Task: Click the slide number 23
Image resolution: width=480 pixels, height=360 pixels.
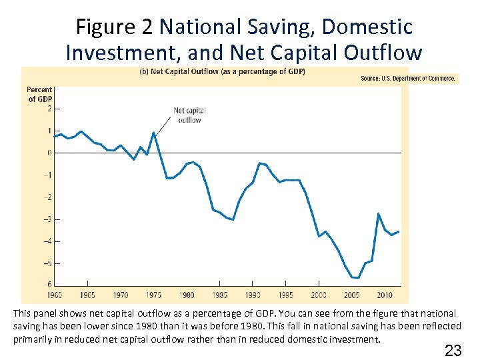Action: pos(453,350)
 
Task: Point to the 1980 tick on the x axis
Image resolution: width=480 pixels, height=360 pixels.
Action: pos(187,295)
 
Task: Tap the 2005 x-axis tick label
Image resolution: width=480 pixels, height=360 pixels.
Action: pos(351,295)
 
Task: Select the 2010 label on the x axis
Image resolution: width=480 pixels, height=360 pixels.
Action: pos(385,295)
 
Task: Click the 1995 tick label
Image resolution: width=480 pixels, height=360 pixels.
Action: pos(285,295)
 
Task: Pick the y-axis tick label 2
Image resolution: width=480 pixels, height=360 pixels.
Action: pos(49,108)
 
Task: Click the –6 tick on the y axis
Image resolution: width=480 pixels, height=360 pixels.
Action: pos(48,285)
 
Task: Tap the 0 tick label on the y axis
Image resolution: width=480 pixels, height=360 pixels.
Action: pos(49,153)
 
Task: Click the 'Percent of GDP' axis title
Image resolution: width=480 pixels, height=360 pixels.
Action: pos(39,95)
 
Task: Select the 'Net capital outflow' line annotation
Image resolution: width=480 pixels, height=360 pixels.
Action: pos(189,115)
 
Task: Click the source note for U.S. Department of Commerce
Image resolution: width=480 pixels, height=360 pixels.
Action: pos(408,79)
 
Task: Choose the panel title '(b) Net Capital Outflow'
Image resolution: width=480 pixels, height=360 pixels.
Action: pos(221,72)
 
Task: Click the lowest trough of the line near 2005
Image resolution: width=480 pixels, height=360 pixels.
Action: pos(355,277)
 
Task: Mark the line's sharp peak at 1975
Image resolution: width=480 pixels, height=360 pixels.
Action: pos(154,133)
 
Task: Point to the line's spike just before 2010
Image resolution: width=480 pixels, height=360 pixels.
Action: pos(378,214)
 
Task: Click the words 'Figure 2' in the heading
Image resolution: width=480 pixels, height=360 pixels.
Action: pos(114,27)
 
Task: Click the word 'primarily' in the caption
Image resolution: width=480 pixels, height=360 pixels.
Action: pos(30,339)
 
